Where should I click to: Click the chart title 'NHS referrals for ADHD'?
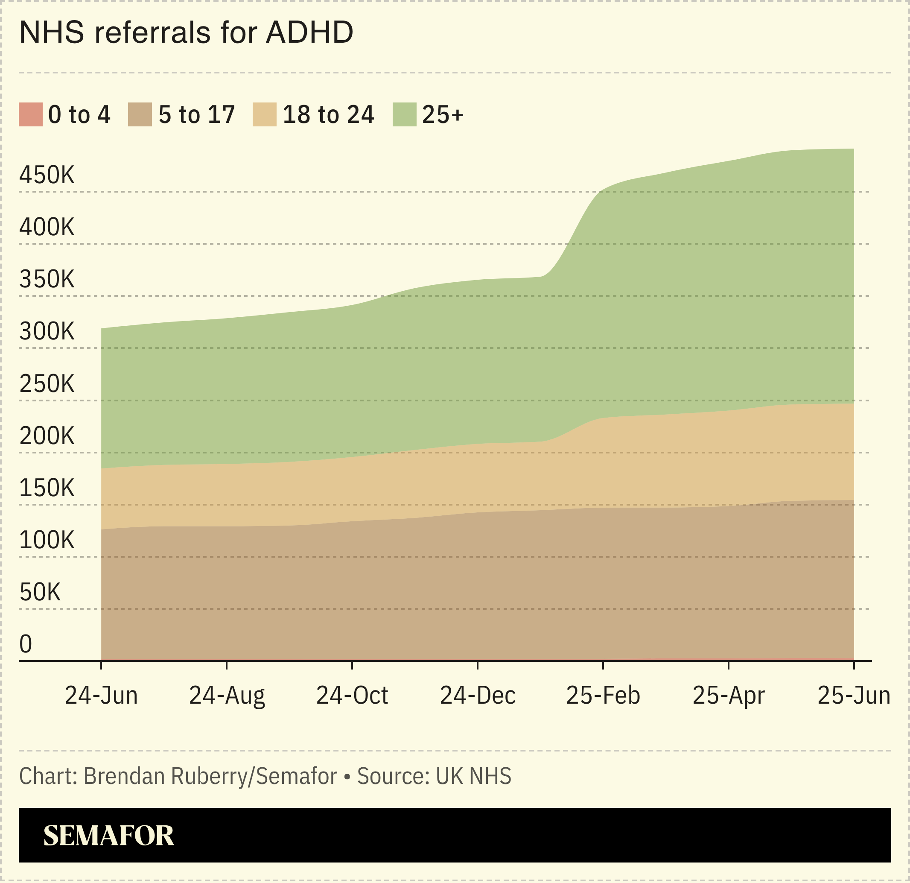tap(186, 32)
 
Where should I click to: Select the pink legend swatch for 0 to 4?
tap(31, 114)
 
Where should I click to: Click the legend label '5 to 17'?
tap(196, 115)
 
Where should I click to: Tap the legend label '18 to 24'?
tap(328, 115)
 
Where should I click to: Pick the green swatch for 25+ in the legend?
tap(404, 114)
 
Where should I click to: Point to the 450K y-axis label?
tap(47, 175)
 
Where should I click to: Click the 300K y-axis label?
tap(47, 332)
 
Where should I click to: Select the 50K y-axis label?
tap(40, 592)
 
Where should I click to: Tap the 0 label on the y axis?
tap(26, 644)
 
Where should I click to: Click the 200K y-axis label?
tap(47, 436)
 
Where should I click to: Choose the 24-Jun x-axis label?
tap(101, 696)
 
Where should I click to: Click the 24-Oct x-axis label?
tap(352, 696)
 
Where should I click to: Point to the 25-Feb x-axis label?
tap(603, 696)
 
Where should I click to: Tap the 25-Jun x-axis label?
tap(853, 696)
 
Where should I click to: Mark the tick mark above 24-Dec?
tap(477, 665)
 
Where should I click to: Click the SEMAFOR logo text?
tap(109, 835)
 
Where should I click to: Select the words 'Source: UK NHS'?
tap(434, 776)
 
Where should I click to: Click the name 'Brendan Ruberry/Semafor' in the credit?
tap(210, 776)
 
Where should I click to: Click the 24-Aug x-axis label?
tap(227, 696)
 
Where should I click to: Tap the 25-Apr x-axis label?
tap(728, 696)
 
